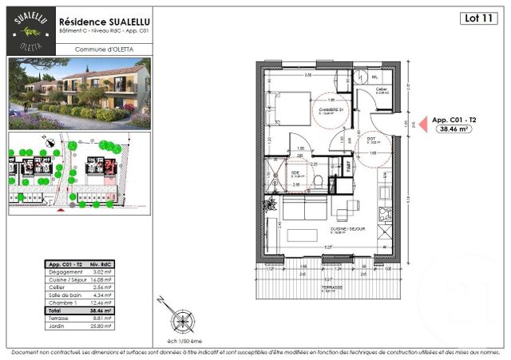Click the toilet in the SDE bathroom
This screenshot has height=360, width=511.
319,183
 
